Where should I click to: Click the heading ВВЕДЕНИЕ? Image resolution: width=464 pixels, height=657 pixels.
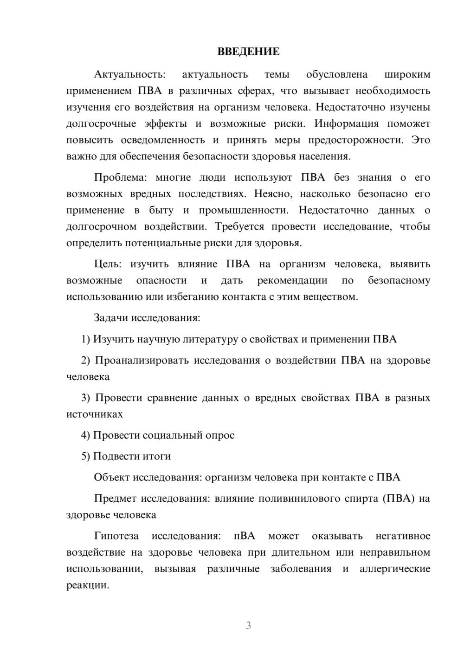click(248, 52)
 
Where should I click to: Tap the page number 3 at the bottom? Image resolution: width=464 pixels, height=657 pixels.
click(248, 625)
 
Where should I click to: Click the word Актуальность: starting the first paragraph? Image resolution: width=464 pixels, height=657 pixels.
click(129, 74)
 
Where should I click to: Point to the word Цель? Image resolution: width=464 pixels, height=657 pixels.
click(108, 264)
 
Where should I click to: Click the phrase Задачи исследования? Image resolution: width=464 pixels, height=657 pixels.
click(147, 318)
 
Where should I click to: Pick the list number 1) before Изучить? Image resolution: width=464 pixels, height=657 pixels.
click(86, 339)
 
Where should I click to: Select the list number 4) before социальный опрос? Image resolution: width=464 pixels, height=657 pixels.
click(86, 435)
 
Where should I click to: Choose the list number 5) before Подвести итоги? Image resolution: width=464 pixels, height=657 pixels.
click(86, 456)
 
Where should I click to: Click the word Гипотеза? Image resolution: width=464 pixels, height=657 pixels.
click(116, 536)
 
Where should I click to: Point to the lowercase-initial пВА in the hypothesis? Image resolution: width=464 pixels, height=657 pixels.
click(245, 536)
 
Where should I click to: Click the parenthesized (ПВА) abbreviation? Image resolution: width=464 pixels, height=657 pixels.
click(399, 499)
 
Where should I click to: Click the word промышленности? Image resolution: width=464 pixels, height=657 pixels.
click(244, 210)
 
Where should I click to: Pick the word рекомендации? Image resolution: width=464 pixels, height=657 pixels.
click(292, 280)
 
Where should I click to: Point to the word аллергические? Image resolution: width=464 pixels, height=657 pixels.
click(395, 569)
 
